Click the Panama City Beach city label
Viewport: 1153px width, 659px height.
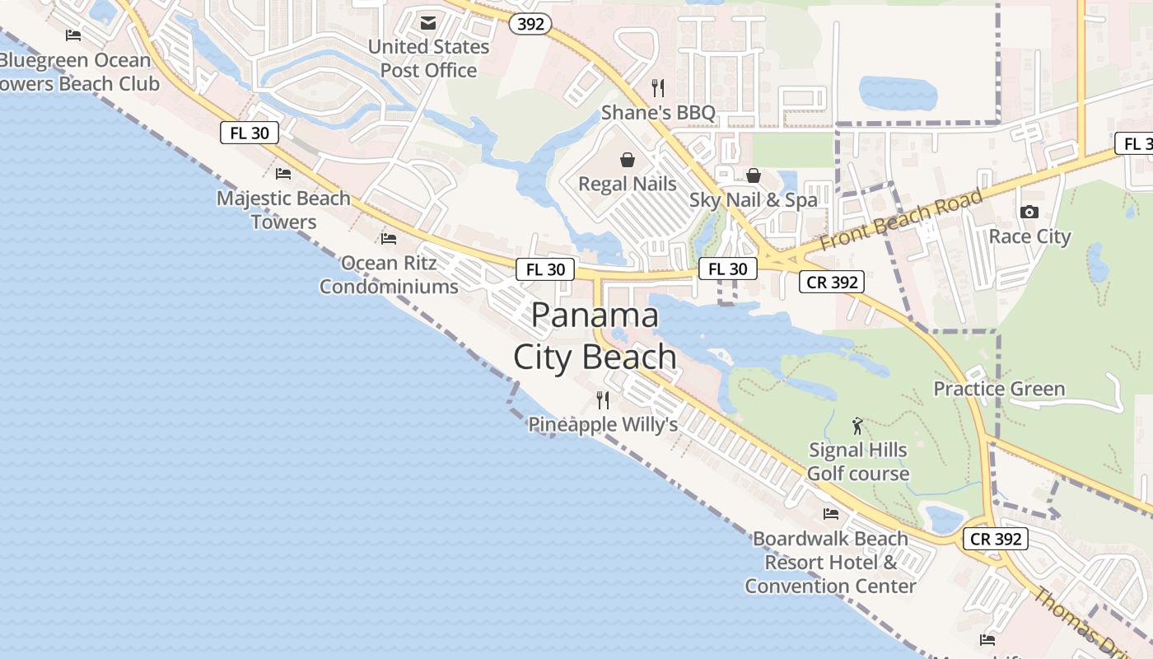[x=595, y=336]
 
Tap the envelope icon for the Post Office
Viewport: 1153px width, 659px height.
[x=428, y=22]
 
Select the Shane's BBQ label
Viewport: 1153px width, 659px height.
[x=658, y=112]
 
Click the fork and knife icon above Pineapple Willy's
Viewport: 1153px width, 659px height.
[x=603, y=400]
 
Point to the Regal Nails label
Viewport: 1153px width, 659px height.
[x=628, y=183]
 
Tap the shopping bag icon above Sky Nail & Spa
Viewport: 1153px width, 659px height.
[x=753, y=175]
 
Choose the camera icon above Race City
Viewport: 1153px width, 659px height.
[x=1029, y=213]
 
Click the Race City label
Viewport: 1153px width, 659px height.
[x=1029, y=236]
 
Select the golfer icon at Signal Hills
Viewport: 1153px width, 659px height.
[x=857, y=426]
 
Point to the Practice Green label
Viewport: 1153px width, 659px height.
[x=998, y=389]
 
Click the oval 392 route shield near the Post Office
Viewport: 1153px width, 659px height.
[x=530, y=24]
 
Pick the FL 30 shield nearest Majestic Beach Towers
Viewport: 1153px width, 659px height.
[x=250, y=133]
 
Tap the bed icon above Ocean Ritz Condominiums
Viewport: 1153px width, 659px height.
[x=389, y=239]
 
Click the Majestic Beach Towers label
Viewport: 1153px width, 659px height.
[x=283, y=210]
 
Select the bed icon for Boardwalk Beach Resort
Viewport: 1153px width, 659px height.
[x=831, y=514]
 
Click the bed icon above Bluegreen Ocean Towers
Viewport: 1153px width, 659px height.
[x=73, y=35]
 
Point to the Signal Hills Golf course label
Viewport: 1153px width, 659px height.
[x=857, y=461]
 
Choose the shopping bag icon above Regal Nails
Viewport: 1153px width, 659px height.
[x=628, y=159]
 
